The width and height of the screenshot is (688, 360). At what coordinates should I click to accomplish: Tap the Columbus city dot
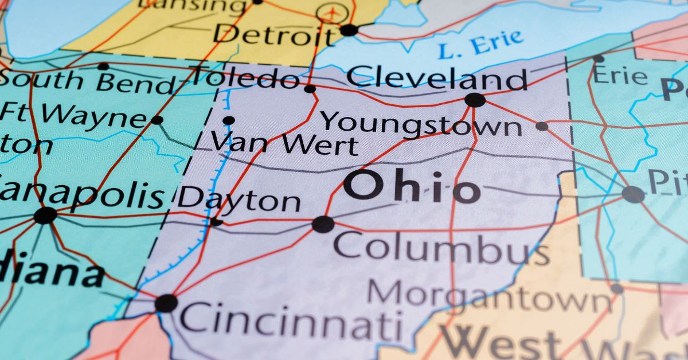(323, 224)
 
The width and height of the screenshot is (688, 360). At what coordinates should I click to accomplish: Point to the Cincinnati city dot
(166, 303)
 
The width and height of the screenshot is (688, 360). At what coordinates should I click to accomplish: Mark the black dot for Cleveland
(475, 100)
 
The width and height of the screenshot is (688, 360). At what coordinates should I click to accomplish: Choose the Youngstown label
(421, 123)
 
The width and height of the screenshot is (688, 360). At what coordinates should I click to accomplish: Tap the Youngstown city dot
(542, 126)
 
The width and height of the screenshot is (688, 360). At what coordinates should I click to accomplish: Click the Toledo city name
(245, 77)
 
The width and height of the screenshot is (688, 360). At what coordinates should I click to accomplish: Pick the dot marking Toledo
(310, 89)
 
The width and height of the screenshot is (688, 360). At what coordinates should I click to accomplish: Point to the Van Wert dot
(229, 120)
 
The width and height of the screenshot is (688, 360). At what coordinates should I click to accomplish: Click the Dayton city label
(239, 200)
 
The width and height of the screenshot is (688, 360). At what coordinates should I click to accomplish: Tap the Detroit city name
(272, 35)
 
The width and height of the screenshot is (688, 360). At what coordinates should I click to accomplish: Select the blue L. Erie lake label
(481, 44)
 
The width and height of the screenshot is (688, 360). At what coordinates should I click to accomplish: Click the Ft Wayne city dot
(157, 120)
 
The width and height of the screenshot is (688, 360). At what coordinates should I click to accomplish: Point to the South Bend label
(86, 82)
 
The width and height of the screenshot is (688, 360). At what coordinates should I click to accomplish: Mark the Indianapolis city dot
(45, 216)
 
